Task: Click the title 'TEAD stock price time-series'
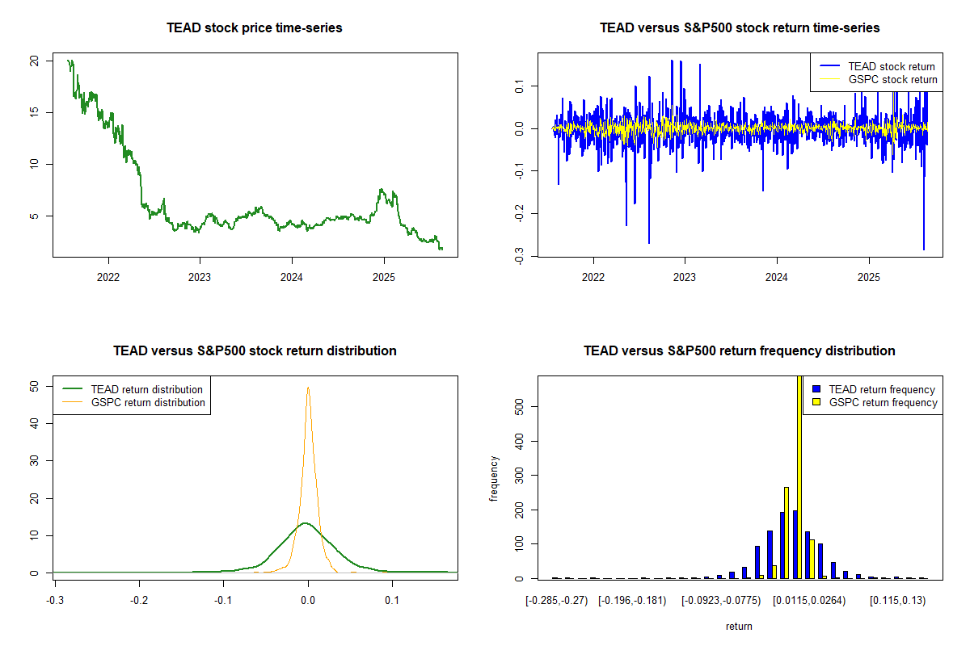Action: coord(255,28)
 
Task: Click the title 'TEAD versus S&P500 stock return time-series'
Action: coord(740,28)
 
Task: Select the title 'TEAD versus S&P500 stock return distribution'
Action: coord(255,351)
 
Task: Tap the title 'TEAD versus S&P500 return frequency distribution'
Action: coord(740,351)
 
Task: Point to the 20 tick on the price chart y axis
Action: coord(34,61)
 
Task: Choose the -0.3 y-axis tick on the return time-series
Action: coord(519,254)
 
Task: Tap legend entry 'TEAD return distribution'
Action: coord(146,389)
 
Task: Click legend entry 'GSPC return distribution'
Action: coord(148,402)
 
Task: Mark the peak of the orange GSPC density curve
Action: coord(308,387)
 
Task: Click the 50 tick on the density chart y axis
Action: coord(34,387)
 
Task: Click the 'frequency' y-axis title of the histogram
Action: coord(494,478)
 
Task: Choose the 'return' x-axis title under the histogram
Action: coord(739,626)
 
